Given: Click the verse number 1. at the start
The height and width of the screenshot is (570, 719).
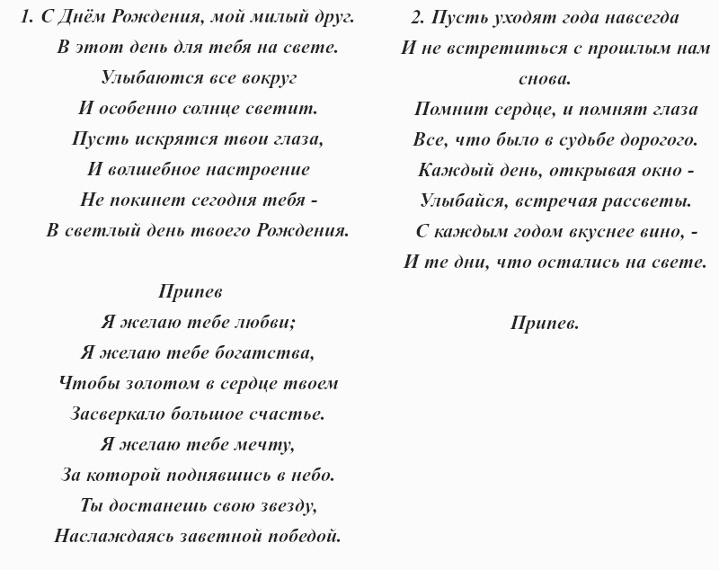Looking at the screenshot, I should click(28, 17).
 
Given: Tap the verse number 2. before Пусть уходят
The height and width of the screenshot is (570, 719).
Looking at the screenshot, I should click(417, 17).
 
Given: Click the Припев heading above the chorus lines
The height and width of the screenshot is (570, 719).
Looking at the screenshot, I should click(190, 292).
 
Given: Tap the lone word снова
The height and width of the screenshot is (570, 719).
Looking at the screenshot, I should click(545, 79).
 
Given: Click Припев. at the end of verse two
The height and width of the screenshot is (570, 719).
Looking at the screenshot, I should click(545, 323).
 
